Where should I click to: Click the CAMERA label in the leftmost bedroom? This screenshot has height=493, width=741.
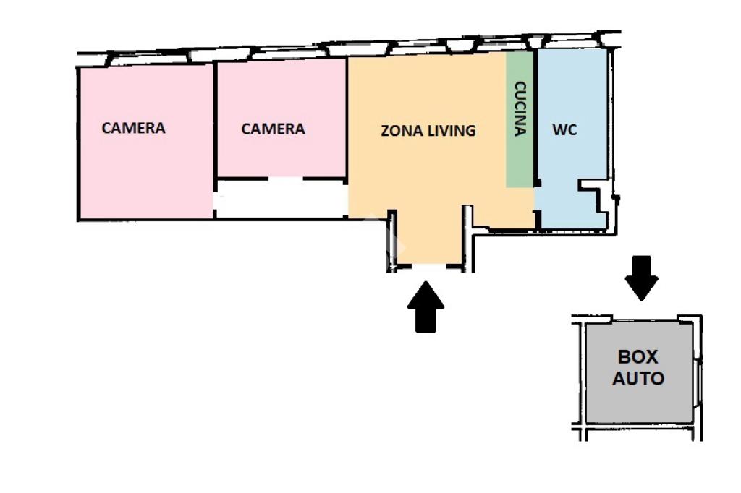[133, 128]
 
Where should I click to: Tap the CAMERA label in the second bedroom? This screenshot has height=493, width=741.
[273, 129]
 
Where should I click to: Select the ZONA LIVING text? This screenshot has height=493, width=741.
[428, 131]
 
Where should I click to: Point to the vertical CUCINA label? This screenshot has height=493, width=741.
[520, 108]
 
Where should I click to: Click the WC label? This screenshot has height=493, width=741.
[564, 131]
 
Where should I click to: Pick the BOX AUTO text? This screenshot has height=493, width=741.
[638, 367]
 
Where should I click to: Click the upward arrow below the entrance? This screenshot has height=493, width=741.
[425, 306]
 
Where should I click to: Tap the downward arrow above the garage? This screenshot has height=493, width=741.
[641, 277]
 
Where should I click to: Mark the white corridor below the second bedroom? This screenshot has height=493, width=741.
[281, 198]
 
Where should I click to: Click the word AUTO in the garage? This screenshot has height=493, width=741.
[638, 378]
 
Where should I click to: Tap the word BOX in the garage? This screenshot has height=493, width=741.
[638, 356]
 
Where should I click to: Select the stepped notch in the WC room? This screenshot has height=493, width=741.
[595, 199]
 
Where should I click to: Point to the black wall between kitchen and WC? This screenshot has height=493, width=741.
[535, 116]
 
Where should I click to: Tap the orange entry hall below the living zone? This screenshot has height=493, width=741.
[430, 239]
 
